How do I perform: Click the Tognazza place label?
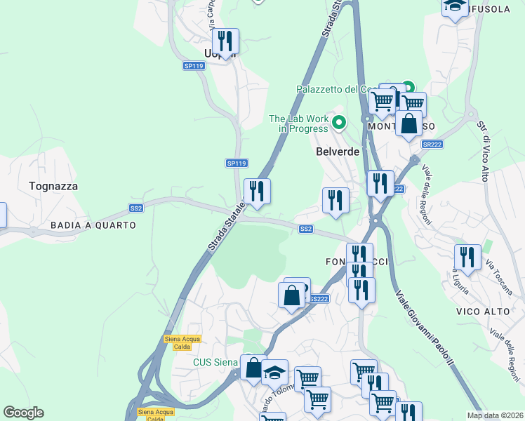click(53, 187)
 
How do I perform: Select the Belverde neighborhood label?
click(338, 152)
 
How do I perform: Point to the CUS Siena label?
click(215, 363)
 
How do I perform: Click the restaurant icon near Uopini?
click(225, 41)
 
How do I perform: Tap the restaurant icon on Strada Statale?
click(257, 192)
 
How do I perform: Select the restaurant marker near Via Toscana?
click(467, 258)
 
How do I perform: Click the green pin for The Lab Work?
click(340, 123)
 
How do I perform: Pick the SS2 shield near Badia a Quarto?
click(136, 208)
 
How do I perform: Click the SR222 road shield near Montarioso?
click(432, 144)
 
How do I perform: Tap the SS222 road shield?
click(318, 299)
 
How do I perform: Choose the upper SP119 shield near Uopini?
click(194, 65)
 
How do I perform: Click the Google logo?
click(23, 413)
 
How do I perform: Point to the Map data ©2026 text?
click(496, 415)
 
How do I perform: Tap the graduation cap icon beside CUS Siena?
click(274, 372)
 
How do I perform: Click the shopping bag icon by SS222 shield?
click(292, 295)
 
